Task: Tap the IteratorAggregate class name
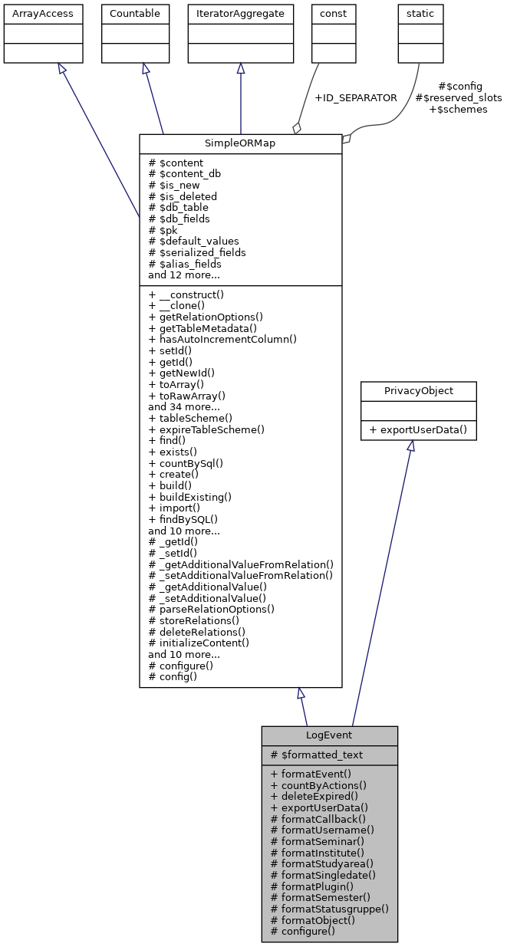pyautogui.click(x=240, y=14)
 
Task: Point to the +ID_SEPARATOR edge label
pyautogui.click(x=356, y=98)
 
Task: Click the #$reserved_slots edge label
pyautogui.click(x=458, y=98)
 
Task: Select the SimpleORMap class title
pyautogui.click(x=240, y=144)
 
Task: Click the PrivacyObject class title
pyautogui.click(x=418, y=391)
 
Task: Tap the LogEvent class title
pyautogui.click(x=329, y=735)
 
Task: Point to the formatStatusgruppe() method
pyautogui.click(x=330, y=909)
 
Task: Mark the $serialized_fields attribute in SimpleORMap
pyautogui.click(x=197, y=252)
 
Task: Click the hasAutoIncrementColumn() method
pyautogui.click(x=222, y=339)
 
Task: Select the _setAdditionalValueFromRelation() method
pyautogui.click(x=241, y=575)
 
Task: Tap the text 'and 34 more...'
pyautogui.click(x=184, y=406)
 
